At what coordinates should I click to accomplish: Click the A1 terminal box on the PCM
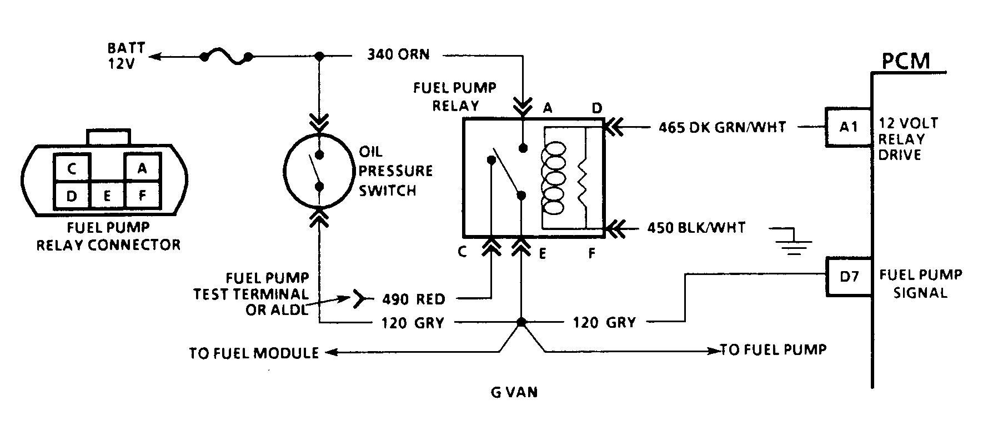(848, 127)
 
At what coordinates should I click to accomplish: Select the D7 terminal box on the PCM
(848, 276)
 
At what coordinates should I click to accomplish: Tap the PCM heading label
(905, 61)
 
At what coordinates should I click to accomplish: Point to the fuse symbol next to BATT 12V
(226, 57)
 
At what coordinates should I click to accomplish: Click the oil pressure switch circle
(319, 171)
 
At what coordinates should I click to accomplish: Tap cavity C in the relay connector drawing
(72, 168)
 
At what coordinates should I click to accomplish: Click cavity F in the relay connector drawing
(142, 195)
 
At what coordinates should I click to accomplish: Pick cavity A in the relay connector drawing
(142, 168)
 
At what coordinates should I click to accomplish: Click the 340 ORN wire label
(398, 54)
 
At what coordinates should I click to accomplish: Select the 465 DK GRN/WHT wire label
(722, 127)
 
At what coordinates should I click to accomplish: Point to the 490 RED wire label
(414, 299)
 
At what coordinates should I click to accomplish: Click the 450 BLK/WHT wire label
(696, 228)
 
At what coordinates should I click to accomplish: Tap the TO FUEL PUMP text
(773, 349)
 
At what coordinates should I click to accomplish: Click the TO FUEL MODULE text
(254, 353)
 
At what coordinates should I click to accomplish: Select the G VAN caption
(514, 392)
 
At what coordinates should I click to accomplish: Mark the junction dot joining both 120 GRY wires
(521, 322)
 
